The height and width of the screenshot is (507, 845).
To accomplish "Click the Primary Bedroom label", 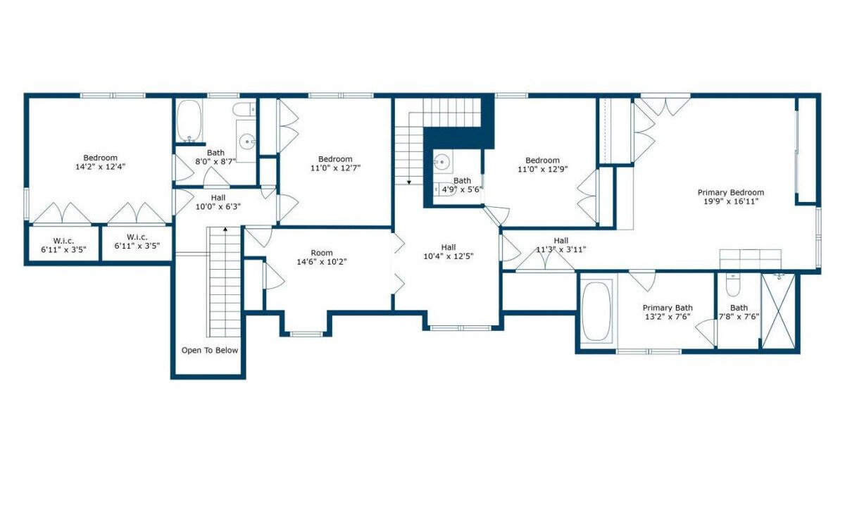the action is (731, 192).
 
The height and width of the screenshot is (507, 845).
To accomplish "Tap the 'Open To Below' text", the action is (210, 351).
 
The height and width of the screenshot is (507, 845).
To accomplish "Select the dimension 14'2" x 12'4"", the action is (100, 167).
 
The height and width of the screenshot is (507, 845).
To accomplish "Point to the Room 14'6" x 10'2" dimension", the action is (322, 262).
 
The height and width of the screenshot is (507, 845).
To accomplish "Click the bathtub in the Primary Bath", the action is (596, 311).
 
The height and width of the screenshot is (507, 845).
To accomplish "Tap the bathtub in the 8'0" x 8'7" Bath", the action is (189, 120).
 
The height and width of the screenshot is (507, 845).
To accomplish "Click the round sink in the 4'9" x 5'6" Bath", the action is (442, 162).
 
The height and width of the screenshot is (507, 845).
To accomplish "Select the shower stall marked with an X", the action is (778, 311).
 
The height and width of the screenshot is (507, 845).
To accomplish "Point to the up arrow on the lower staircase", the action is (225, 229).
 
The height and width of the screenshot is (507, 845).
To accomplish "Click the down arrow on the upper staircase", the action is (409, 182).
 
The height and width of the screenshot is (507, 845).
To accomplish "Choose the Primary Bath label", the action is (668, 308).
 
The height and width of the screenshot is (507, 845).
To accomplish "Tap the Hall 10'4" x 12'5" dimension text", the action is (449, 256).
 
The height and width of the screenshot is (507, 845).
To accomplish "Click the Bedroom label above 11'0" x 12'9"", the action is (542, 161).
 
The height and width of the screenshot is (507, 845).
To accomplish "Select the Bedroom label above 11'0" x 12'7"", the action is (335, 159).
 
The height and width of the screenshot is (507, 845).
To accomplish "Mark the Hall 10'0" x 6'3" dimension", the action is (218, 207).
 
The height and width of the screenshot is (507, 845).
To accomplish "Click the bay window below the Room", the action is (306, 334).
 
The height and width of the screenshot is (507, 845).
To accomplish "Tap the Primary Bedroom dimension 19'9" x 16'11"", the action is (731, 201).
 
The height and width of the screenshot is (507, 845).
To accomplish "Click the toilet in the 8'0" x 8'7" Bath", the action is (244, 110).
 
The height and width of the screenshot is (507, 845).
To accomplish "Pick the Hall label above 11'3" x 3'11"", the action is (561, 241).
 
